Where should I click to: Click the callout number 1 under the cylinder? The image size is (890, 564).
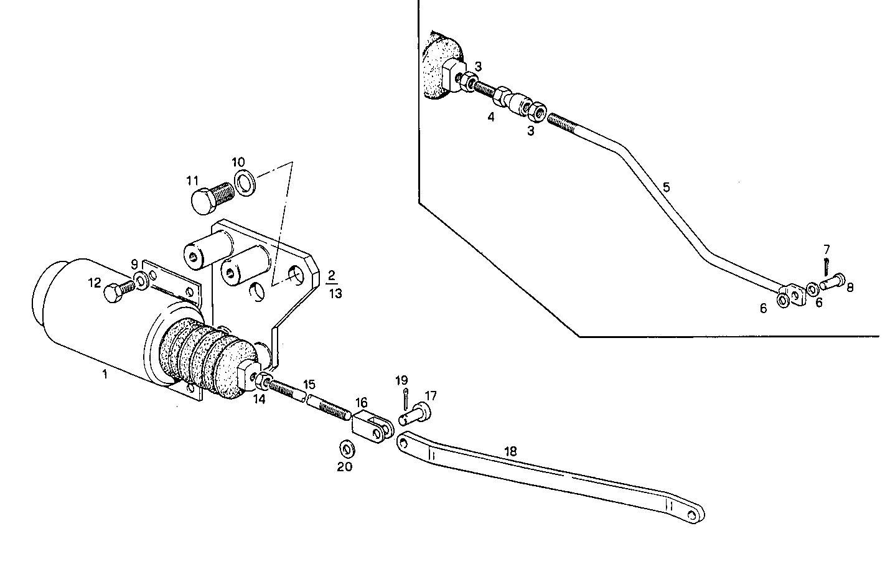point(105,374)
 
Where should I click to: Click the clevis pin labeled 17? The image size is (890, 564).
point(415,413)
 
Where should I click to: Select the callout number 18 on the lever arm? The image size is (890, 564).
point(510,451)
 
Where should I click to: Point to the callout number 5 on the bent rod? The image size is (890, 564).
point(666,187)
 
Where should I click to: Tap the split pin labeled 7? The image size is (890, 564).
point(827,266)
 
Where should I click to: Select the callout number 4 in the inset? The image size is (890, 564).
point(490,116)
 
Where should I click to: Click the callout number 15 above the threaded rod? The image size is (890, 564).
point(309,384)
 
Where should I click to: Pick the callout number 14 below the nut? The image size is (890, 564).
point(259,400)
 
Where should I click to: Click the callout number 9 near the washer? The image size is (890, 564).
point(134,264)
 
